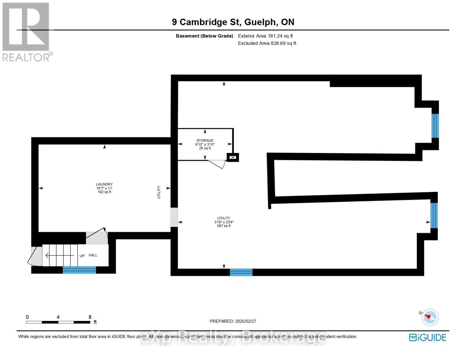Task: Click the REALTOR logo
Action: point(26,31)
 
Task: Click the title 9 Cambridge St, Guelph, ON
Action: point(233,22)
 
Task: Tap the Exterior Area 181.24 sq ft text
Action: point(265,36)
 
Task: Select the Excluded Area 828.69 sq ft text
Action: point(267,43)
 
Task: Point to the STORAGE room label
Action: point(205,140)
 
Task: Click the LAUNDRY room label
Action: point(104,184)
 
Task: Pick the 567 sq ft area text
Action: point(224,226)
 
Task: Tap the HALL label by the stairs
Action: point(93,255)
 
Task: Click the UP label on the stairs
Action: point(82,256)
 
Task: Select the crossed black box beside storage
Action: point(233,157)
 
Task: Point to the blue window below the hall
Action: point(79,270)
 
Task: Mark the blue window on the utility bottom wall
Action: point(241,272)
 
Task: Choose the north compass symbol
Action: point(430,317)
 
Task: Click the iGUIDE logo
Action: point(428,337)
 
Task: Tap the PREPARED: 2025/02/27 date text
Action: point(233,321)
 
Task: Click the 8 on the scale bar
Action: point(90,317)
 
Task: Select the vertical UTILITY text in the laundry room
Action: point(159,192)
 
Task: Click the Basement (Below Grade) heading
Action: point(204,36)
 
